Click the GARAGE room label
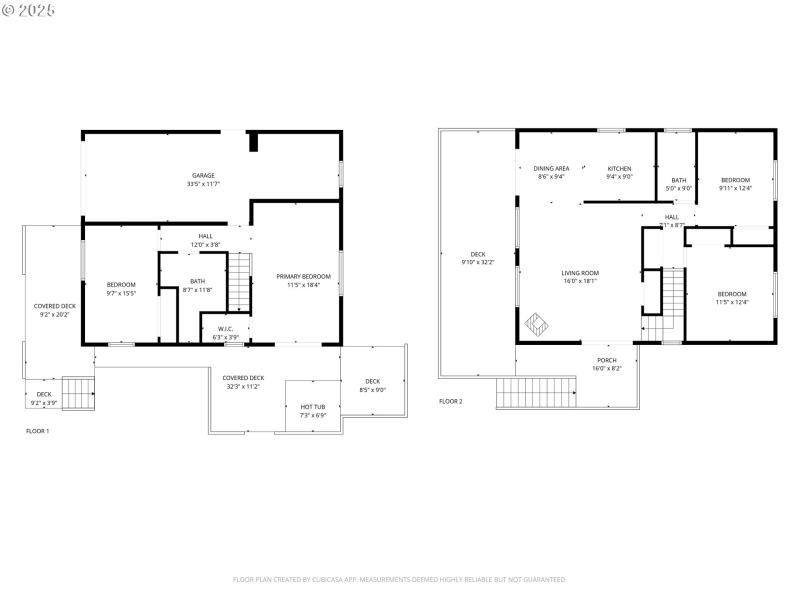[203, 176]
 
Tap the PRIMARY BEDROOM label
[303, 276]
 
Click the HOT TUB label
[312, 407]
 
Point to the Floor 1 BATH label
[198, 281]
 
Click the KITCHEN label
[620, 168]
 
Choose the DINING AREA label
[551, 168]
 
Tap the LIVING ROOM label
[579, 273]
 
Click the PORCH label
[607, 360]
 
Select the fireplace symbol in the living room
[537, 325]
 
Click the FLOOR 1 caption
[37, 431]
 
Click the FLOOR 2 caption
[451, 401]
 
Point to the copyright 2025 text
[29, 10]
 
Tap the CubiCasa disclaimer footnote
[400, 579]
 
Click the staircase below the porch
[537, 392]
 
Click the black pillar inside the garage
[253, 142]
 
